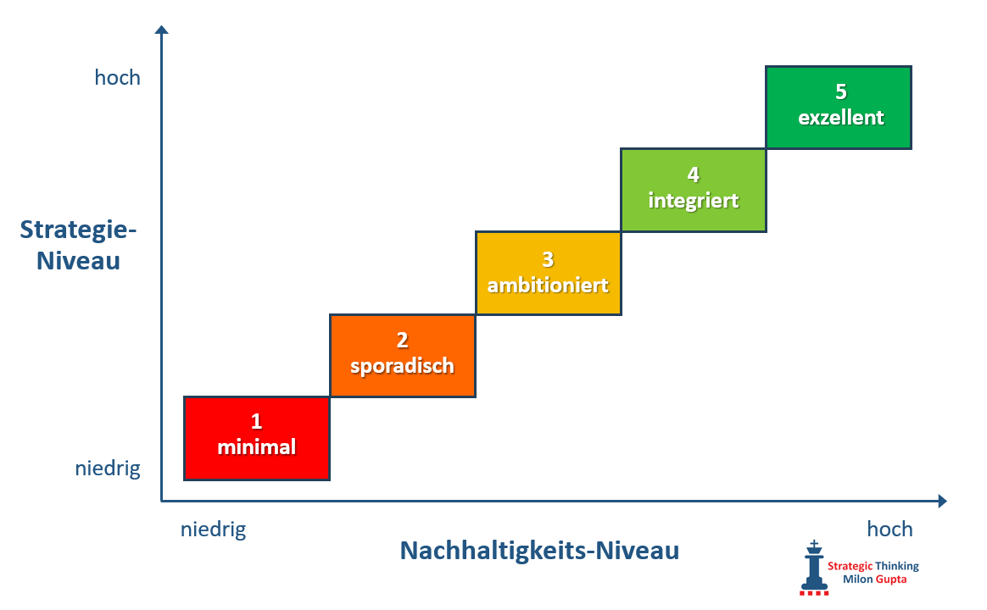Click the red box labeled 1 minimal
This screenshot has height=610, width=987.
[x=256, y=438]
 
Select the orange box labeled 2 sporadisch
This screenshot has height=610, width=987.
[x=403, y=356]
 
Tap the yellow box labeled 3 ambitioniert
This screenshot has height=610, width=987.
[x=548, y=273]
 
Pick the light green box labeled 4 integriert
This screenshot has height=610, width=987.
[x=693, y=190]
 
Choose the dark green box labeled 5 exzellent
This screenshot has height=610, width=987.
[x=839, y=108]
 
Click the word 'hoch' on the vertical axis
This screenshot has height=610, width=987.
[x=117, y=78]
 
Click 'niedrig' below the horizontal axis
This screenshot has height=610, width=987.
[x=213, y=530]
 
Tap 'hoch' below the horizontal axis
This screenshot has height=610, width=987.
[x=889, y=530]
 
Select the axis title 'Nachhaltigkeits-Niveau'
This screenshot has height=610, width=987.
[x=539, y=551]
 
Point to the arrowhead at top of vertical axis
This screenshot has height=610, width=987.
[x=162, y=30]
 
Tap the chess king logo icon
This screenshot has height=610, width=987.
[x=815, y=566]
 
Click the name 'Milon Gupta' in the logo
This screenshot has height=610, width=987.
[x=872, y=580]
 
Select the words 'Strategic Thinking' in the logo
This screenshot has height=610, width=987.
[x=873, y=566]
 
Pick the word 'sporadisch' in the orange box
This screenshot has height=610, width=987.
[x=403, y=366]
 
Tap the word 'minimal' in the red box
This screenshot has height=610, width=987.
[x=256, y=448]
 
